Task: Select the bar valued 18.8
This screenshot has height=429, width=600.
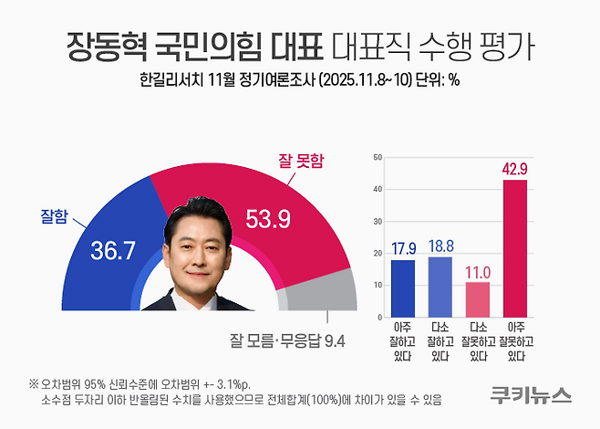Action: pos(440,286)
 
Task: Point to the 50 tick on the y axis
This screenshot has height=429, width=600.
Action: pos(377,158)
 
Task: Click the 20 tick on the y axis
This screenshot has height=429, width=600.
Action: pos(377,254)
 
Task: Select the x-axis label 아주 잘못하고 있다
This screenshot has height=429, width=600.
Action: pos(515,341)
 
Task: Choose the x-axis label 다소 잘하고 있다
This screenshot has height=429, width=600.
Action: pos(440,341)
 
